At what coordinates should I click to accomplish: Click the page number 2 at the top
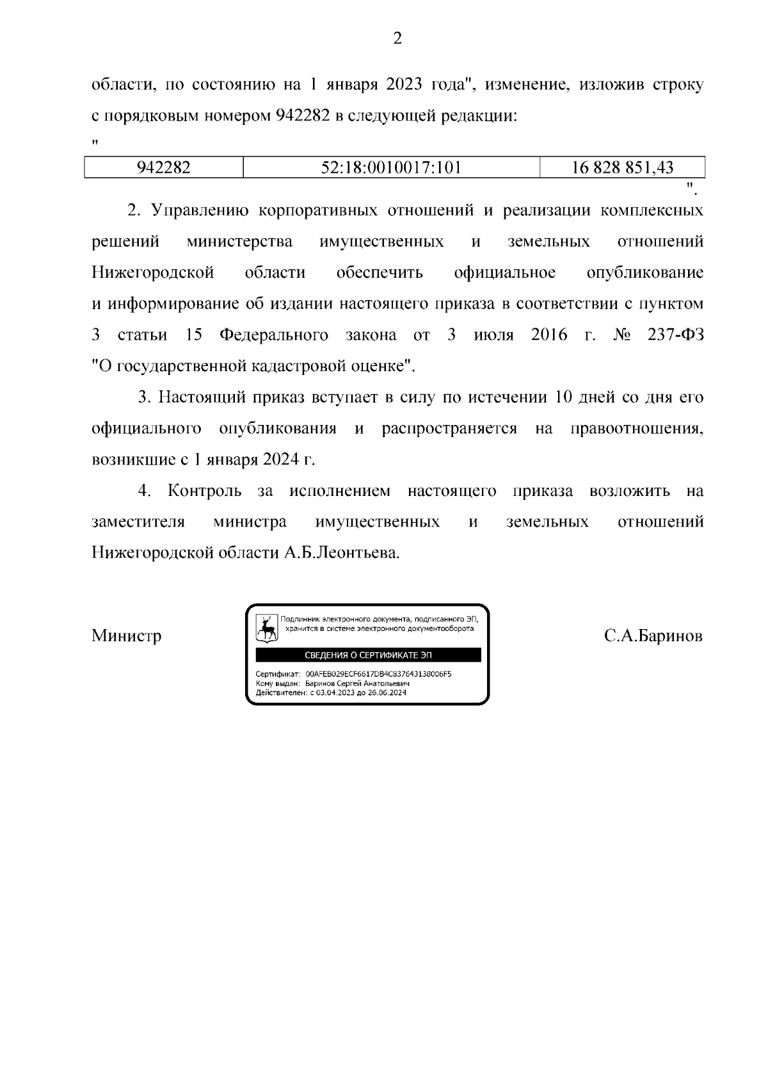point(397,40)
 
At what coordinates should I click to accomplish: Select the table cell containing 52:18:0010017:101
point(391,168)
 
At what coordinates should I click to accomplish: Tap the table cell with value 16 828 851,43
point(622,168)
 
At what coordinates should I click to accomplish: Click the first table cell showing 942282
point(164,168)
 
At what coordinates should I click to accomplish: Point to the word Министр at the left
point(126,636)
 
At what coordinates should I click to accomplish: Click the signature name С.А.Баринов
point(653,636)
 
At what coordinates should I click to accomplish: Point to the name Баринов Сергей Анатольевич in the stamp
point(357,683)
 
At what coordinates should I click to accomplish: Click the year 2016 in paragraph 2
point(548,335)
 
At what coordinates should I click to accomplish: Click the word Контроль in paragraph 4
point(205,491)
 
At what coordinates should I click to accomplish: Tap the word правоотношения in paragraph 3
point(636,429)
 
